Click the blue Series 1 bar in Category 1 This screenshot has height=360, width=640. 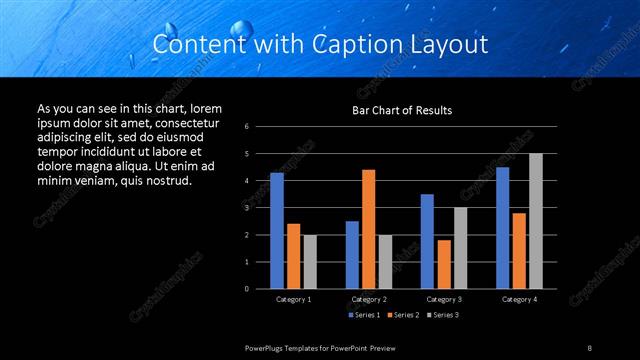tap(277, 231)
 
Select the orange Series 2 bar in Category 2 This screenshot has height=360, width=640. tap(368, 229)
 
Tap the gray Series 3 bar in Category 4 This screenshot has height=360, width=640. tap(536, 221)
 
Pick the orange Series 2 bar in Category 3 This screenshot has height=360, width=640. tap(444, 264)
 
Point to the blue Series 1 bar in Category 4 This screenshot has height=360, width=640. tap(503, 228)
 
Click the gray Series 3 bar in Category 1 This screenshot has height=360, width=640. tap(310, 262)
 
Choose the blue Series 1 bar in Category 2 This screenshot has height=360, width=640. tap(352, 255)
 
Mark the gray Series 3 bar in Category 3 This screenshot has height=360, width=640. tap(460, 248)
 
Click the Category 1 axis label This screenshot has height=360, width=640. tap(293, 299)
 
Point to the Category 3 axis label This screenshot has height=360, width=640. tap(444, 299)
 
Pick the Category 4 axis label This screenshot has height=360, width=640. tap(519, 299)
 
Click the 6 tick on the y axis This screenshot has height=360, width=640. tap(247, 127)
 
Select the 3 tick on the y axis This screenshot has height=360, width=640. tap(247, 208)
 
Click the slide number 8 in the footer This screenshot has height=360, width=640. tap(590, 347)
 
